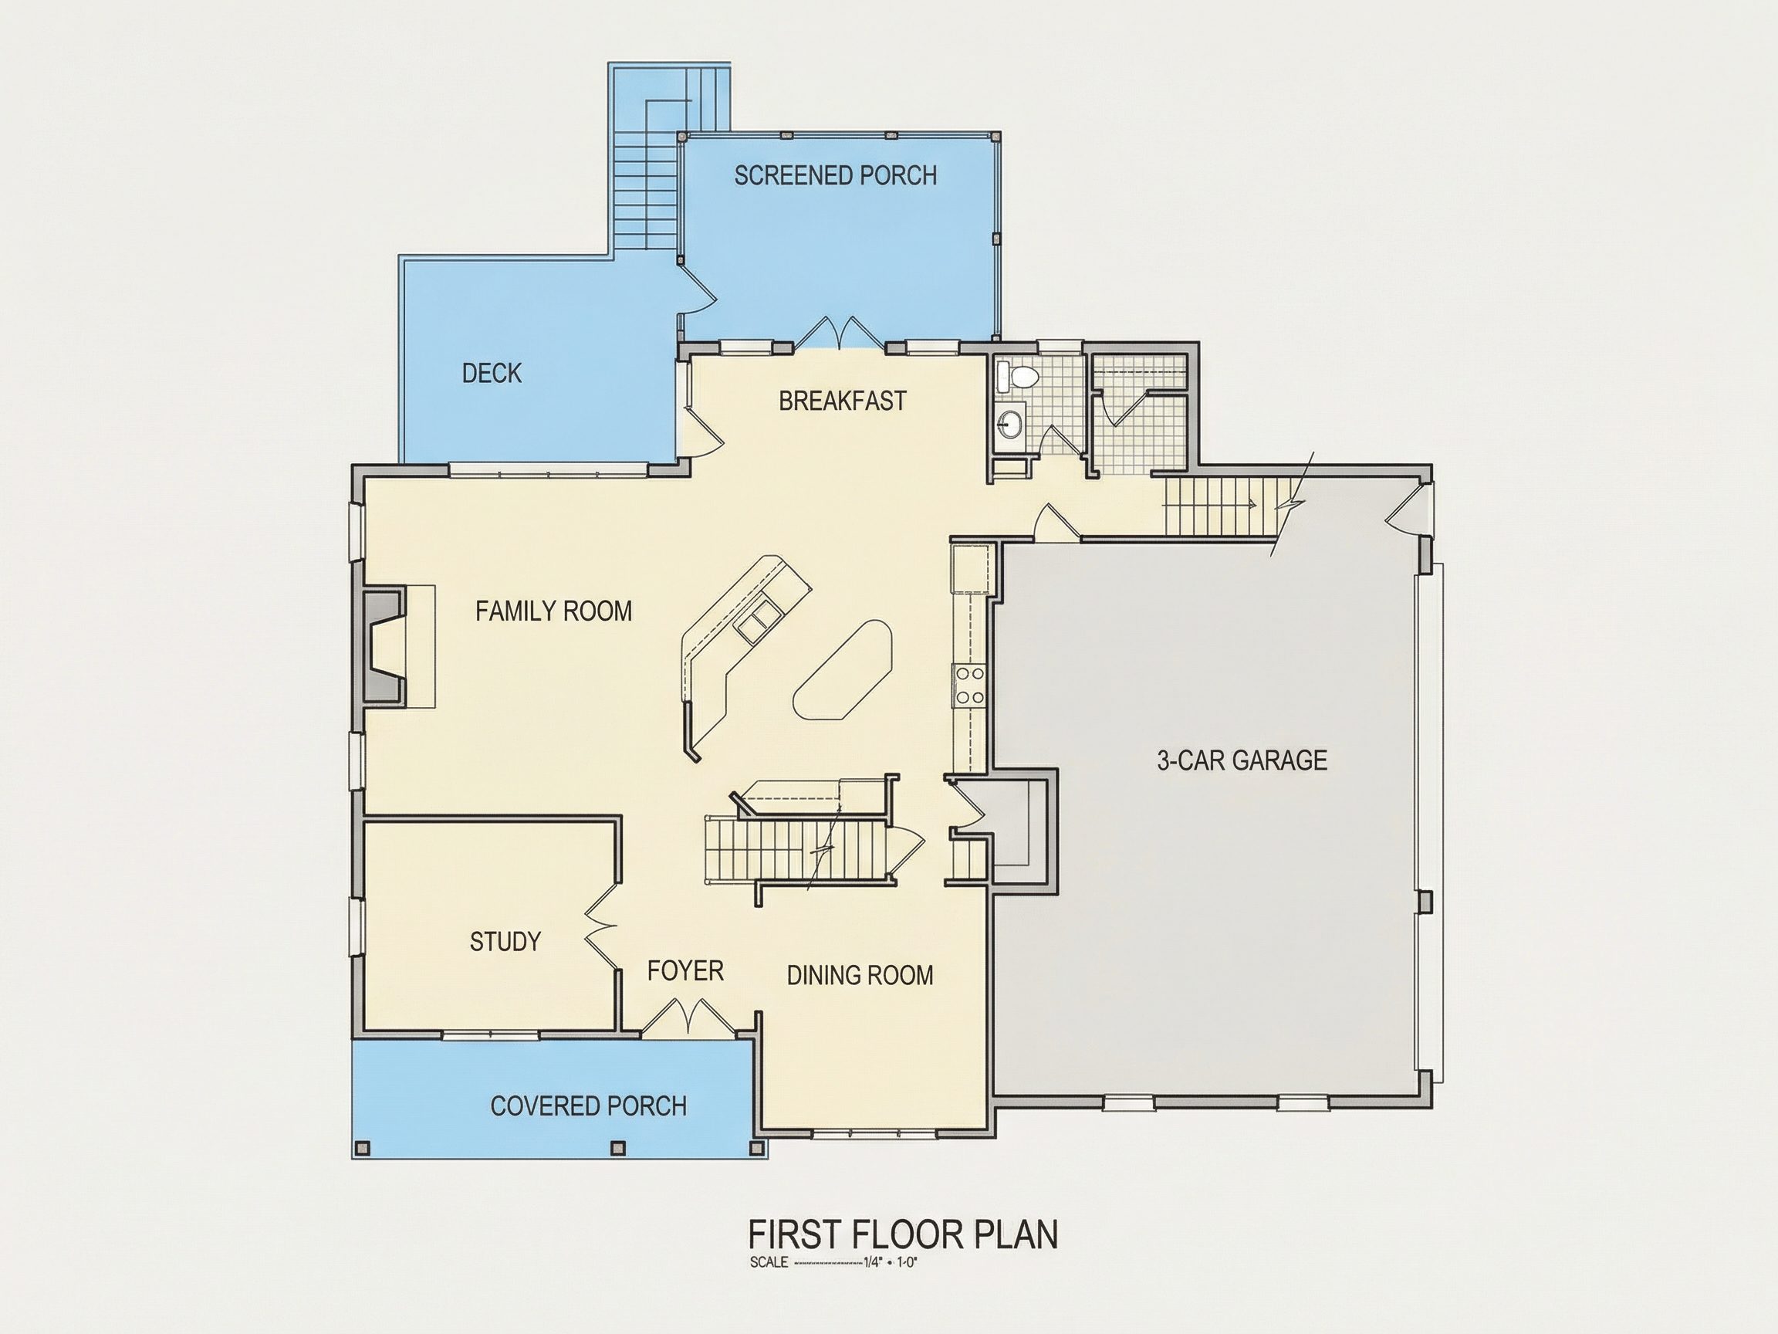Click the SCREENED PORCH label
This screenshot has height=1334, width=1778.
click(835, 175)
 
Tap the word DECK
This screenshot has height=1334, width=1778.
click(492, 373)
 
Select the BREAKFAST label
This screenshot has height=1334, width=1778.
click(843, 401)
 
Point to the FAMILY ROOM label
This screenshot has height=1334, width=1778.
click(554, 611)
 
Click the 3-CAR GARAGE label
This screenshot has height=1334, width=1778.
click(1242, 760)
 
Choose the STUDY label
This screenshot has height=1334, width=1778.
click(505, 942)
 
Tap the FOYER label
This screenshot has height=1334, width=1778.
click(685, 971)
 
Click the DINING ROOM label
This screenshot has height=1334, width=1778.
click(860, 975)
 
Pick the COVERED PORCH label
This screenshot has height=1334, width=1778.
click(588, 1106)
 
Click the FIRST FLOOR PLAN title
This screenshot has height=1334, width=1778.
click(904, 1234)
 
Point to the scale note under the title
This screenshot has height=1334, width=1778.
click(833, 1262)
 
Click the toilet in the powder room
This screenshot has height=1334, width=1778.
click(1017, 376)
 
